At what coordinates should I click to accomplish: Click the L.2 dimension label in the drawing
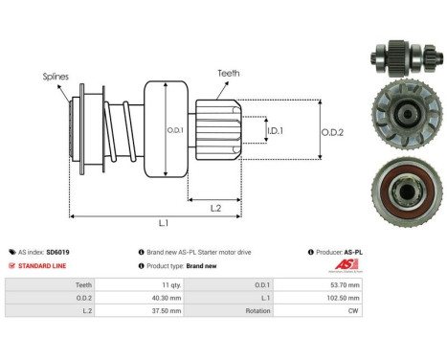point(216,208)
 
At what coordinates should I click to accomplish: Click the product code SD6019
point(57,252)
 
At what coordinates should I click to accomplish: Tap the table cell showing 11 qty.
point(170,284)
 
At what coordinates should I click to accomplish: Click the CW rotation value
point(354,309)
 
